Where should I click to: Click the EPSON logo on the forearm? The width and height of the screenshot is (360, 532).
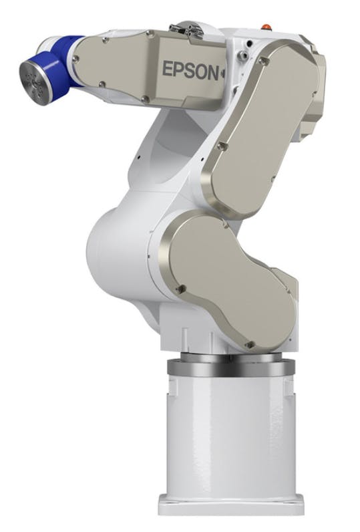coord(190,70)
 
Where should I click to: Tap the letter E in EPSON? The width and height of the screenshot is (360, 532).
coord(168,68)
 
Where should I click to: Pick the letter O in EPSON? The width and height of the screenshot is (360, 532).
coord(201,70)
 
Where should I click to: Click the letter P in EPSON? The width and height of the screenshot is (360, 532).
coord(179,69)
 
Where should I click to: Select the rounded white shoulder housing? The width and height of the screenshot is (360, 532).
coord(117,247)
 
